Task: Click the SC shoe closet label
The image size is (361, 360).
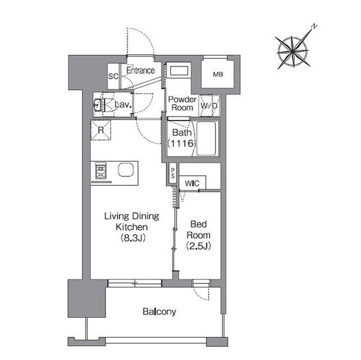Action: (113, 76)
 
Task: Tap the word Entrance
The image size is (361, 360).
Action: (140, 70)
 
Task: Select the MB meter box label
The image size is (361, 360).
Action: (218, 74)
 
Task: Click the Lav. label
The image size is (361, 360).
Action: (123, 105)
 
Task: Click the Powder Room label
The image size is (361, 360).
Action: (182, 104)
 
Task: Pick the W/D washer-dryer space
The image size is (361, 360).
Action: (209, 106)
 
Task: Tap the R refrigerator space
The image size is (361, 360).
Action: (101, 130)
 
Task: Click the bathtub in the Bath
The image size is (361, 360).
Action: (206, 139)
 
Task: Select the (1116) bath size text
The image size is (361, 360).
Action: (182, 144)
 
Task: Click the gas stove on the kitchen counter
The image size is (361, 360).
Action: (101, 171)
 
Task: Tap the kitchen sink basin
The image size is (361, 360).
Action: (126, 170)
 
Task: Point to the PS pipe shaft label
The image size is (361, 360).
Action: (173, 174)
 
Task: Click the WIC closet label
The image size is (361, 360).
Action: (192, 184)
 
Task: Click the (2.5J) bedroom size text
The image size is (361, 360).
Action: (199, 246)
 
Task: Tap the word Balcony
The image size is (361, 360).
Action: (159, 312)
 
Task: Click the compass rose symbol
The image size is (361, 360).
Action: (293, 52)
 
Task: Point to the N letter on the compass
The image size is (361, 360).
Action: (314, 26)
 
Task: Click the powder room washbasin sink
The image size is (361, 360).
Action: (179, 70)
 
